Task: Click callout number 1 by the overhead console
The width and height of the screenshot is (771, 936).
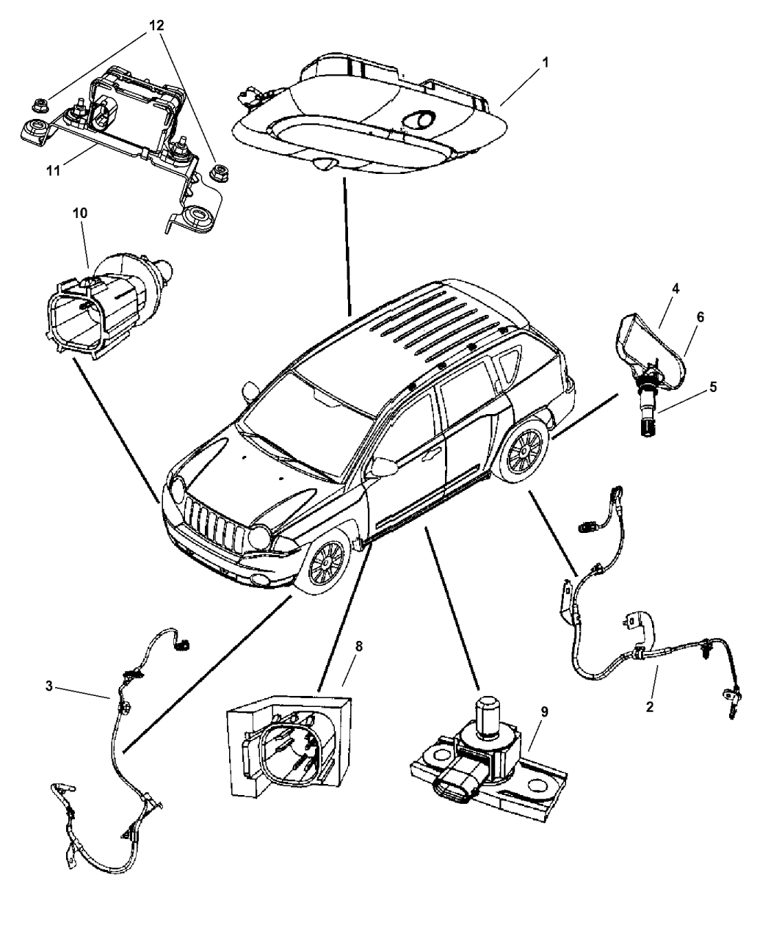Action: click(x=545, y=63)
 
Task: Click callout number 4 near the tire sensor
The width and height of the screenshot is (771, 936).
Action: click(x=675, y=289)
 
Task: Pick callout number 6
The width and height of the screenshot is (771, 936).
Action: click(x=700, y=316)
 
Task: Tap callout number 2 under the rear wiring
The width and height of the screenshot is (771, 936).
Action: click(x=649, y=707)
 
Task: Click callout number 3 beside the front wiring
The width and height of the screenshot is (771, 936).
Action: click(x=48, y=686)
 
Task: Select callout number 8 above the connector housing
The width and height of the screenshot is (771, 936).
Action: click(x=359, y=646)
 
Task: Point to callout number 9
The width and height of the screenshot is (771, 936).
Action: click(x=544, y=711)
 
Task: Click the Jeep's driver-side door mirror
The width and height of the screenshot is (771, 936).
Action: click(x=383, y=467)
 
